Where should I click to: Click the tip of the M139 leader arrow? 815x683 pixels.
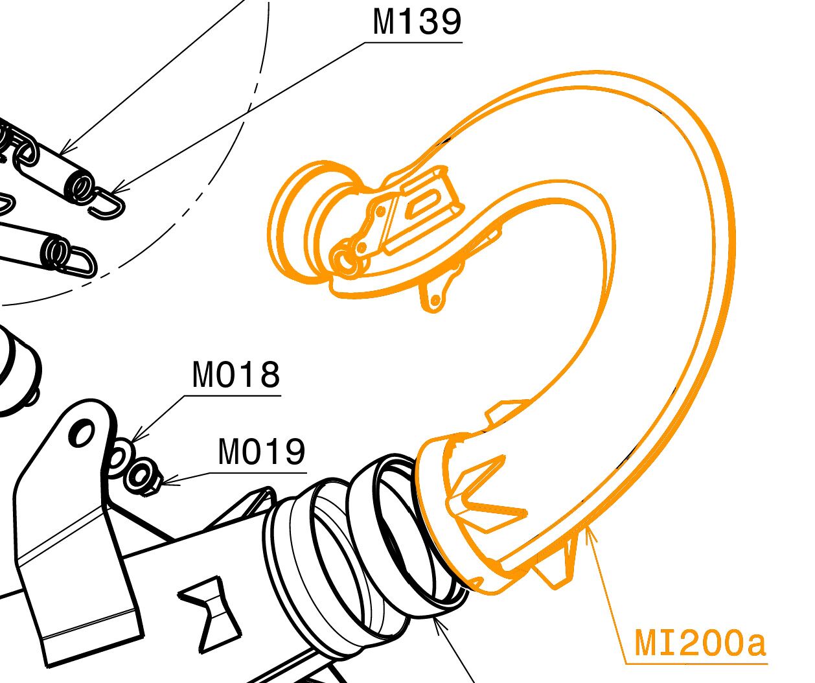point(113,192)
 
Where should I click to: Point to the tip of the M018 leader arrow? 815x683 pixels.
point(132,442)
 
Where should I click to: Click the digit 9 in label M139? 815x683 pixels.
point(449,22)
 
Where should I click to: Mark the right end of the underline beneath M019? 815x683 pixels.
point(307,473)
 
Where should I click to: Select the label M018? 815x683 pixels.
point(236,375)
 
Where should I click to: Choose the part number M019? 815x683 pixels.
point(262,452)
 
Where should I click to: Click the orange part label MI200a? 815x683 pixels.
point(700,643)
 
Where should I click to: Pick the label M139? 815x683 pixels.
point(417,22)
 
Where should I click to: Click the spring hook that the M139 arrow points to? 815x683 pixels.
point(106,203)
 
